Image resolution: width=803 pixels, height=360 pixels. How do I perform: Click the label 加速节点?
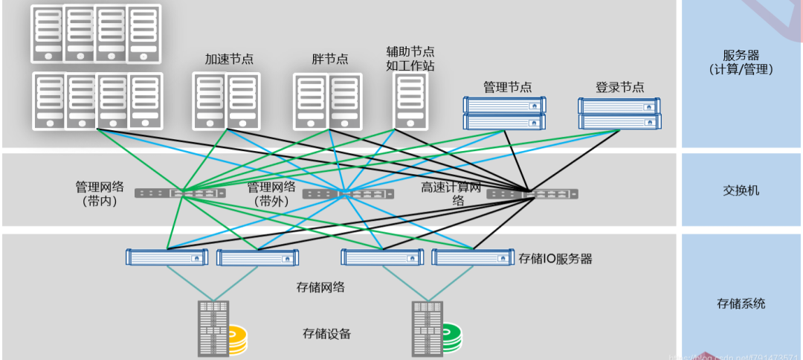(229, 59)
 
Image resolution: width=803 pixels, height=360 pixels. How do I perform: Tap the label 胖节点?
(329, 59)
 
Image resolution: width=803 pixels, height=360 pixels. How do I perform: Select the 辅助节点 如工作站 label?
(410, 58)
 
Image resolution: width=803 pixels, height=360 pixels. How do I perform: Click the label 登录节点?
(619, 87)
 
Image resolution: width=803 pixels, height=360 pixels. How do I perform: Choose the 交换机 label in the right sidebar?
(741, 190)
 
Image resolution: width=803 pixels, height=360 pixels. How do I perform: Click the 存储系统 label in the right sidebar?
(741, 303)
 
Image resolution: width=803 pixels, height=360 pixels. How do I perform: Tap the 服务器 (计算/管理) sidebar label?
(741, 62)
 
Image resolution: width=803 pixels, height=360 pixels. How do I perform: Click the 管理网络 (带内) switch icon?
(180, 193)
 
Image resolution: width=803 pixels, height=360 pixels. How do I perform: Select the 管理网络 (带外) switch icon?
(347, 194)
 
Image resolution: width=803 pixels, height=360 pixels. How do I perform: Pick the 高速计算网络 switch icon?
(532, 194)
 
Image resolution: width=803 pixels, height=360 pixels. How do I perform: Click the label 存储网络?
(320, 286)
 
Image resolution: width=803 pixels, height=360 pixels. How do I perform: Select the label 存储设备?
(326, 333)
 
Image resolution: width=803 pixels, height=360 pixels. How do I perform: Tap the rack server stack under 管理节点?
(505, 113)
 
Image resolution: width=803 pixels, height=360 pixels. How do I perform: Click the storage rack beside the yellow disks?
(213, 328)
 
